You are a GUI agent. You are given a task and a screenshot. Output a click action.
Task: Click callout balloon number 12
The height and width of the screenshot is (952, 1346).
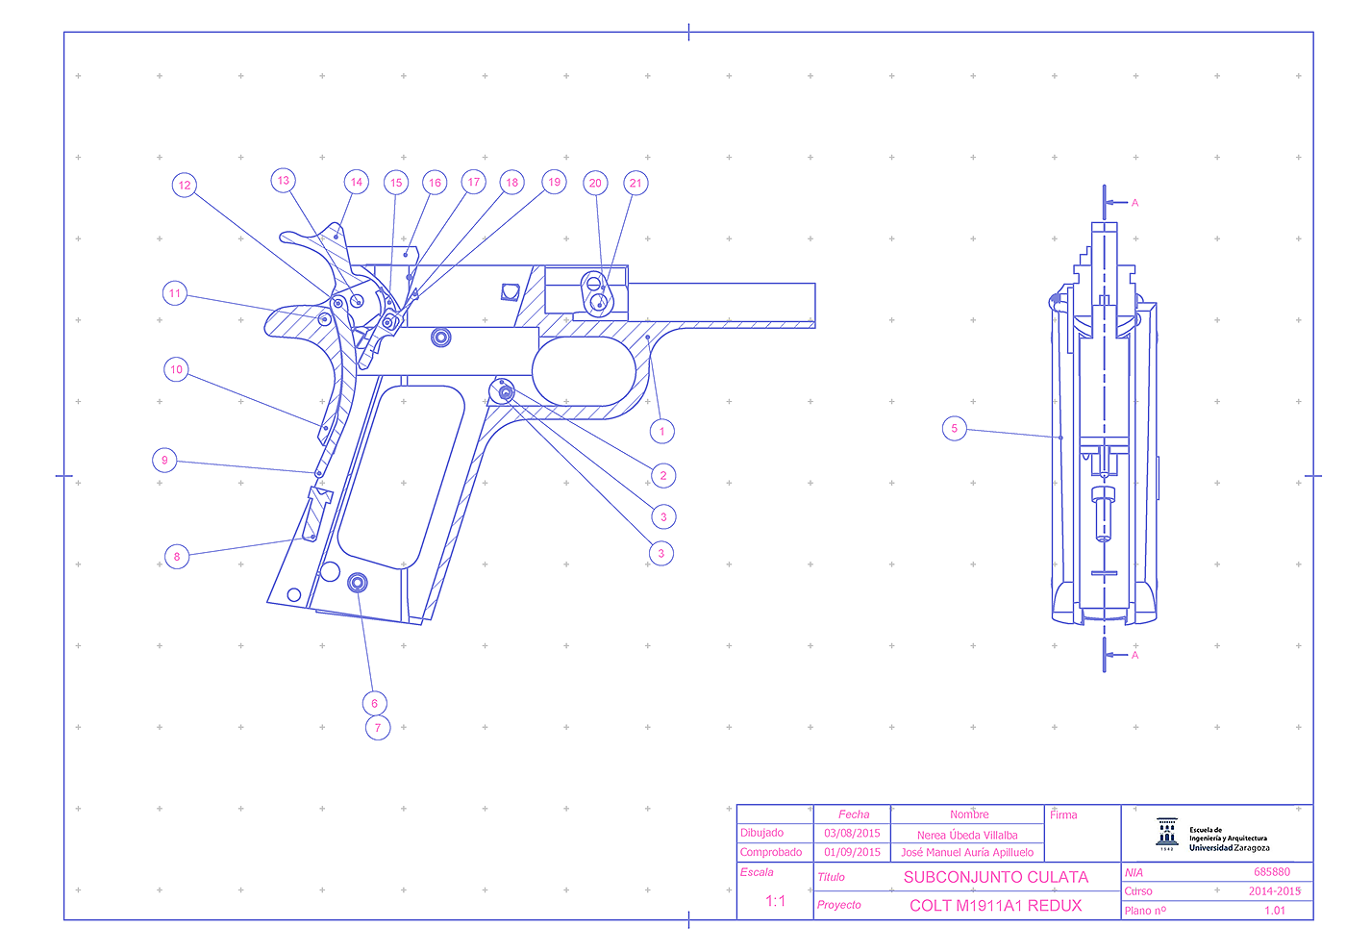[x=185, y=185]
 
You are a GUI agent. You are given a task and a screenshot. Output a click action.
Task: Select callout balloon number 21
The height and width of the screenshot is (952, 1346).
[x=636, y=184]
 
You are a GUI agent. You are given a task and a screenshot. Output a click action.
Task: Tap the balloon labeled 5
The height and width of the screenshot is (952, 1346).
[x=954, y=429]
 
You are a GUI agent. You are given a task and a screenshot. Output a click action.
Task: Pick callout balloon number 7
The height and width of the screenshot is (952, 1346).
[x=378, y=728]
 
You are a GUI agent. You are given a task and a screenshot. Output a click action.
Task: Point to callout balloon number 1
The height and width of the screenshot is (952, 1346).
[x=662, y=432]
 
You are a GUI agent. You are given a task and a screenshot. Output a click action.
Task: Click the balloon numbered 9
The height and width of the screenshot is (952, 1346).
[x=164, y=461]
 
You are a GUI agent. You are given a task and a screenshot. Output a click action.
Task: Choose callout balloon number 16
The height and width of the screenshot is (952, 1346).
[x=435, y=183]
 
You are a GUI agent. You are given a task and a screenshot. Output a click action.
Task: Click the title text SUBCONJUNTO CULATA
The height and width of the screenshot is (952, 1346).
[x=996, y=877]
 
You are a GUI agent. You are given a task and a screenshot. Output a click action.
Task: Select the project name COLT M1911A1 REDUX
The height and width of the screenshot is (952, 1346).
[x=996, y=906]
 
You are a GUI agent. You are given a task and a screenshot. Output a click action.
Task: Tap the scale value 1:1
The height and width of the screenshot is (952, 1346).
[x=775, y=901]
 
